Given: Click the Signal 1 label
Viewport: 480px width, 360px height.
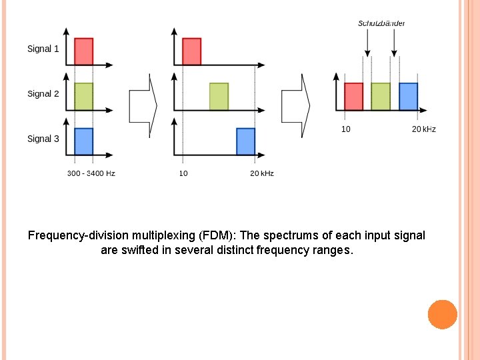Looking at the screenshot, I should pos(43,49).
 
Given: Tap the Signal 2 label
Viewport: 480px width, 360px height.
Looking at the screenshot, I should pos(43,94).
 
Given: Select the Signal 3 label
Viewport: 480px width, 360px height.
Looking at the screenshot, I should pos(43,139).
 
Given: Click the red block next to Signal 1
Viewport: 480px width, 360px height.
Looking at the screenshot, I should pos(83,51).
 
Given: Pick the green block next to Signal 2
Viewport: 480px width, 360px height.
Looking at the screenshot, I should pos(83,96).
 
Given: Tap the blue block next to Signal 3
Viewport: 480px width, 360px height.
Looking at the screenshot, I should pos(83,141).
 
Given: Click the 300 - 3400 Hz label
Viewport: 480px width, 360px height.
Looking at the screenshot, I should pos(91,173).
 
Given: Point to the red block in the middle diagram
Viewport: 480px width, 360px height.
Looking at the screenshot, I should pos(191,51).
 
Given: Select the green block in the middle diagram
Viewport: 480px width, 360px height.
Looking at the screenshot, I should pos(219,96).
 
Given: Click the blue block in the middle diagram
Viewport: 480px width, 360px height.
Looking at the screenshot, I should pos(246,141).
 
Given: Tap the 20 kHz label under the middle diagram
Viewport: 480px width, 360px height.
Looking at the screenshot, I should pos(262,173).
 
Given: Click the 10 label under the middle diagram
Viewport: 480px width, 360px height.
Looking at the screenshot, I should pos(183,173).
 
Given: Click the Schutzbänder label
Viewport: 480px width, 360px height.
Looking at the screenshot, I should pos(381,23).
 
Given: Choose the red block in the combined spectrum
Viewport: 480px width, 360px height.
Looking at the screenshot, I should pos(353,97).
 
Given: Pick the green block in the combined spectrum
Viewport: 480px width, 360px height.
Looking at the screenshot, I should pos(381,97).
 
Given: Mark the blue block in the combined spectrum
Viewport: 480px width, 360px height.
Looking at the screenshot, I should pos(408,97).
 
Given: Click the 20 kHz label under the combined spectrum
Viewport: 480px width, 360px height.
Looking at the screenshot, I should pos(424,129).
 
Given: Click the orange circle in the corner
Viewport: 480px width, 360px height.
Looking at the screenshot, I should pos(442,314).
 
